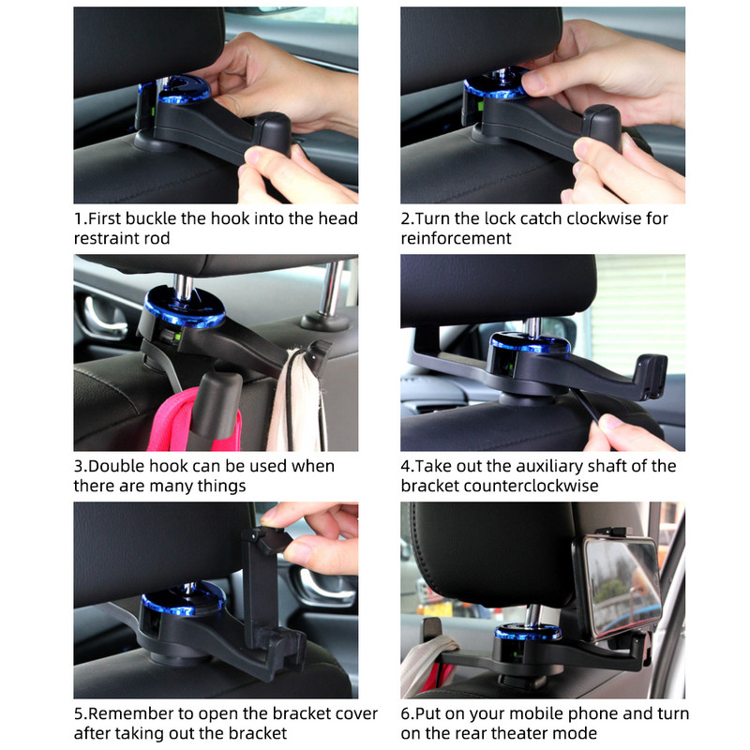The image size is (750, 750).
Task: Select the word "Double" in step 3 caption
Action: click(117, 466)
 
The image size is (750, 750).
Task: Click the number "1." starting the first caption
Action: click(80, 218)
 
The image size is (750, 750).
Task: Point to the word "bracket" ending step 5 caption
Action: click(257, 733)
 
